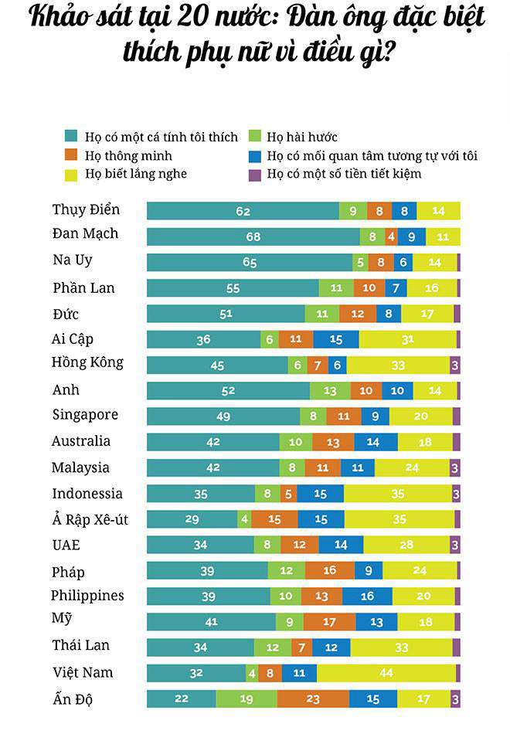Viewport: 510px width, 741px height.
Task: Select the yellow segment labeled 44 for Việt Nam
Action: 386,673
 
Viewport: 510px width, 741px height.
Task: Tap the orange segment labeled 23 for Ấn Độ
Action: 312,699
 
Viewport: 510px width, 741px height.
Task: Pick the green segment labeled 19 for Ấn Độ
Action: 246,699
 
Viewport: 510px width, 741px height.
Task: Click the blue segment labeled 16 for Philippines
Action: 367,596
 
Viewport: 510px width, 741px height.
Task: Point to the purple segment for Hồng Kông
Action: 455,365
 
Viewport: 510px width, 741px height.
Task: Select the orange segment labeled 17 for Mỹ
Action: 329,622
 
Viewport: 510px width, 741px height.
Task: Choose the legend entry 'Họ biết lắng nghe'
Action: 136,173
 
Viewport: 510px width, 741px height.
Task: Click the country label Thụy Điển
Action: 86,210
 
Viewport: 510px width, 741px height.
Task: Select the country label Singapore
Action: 85,415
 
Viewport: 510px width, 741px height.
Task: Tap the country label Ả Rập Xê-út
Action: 90,519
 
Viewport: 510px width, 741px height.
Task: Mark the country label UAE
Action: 66,545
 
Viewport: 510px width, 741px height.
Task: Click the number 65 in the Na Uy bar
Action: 250,263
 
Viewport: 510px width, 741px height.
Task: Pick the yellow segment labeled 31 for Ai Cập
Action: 407,339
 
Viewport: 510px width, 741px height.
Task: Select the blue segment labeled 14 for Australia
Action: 372,442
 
